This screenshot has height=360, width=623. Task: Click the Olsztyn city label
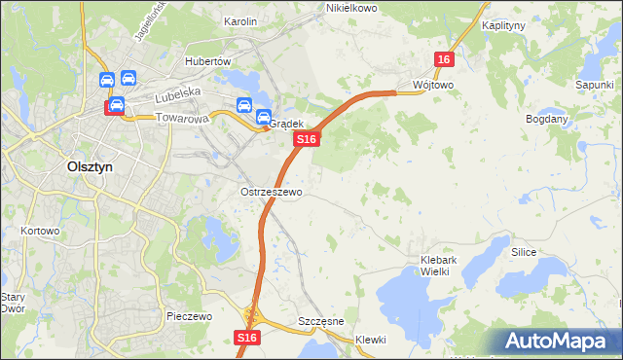coord(90,166)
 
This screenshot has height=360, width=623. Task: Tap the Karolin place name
coord(239,20)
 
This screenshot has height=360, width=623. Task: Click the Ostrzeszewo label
coord(272,193)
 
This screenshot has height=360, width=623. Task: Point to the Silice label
coord(525,251)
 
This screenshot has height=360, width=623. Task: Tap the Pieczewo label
coord(189,317)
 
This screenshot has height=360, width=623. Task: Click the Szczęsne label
coord(318,321)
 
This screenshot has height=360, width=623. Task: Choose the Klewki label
coord(371,340)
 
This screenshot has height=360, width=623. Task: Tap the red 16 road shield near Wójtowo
coord(444,60)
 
